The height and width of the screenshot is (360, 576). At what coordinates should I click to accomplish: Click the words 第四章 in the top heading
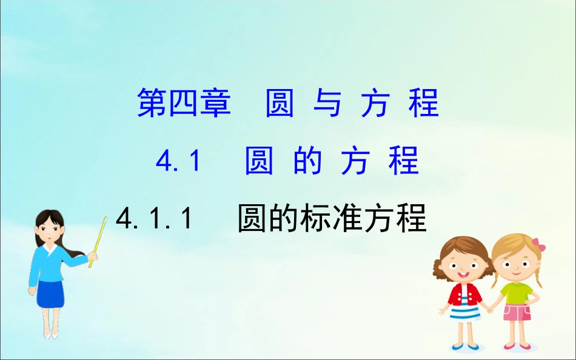tap(184, 103)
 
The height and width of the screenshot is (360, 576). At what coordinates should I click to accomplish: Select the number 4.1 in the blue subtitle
tap(178, 162)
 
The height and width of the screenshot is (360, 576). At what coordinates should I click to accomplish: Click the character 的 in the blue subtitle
tap(307, 162)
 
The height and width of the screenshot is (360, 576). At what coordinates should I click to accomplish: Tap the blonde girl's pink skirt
tap(517, 313)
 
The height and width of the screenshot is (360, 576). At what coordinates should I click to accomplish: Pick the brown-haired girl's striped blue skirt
tap(466, 316)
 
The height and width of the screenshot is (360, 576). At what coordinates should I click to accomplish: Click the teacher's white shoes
tap(50, 333)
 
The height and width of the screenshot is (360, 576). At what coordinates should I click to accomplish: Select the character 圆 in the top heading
tap(280, 103)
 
